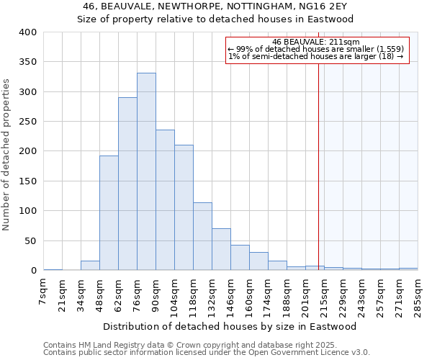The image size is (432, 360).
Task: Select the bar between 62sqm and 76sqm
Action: point(127,184)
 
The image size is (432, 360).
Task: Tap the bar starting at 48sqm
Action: point(109,213)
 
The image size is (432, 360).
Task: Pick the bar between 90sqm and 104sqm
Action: point(165,200)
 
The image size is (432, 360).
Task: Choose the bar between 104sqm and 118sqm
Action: point(184,207)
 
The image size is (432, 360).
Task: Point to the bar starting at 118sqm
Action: point(202,236)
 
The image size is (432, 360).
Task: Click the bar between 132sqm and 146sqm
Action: point(221,249)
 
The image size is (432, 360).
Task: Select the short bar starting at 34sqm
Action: point(90,266)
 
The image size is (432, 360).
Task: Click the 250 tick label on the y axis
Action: point(27,122)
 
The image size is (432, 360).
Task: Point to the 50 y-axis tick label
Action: point(30,240)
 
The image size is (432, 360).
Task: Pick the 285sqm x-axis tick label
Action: point(418,294)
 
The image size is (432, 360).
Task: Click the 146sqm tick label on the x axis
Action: point(231,294)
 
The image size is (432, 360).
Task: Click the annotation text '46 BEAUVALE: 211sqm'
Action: point(317,42)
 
